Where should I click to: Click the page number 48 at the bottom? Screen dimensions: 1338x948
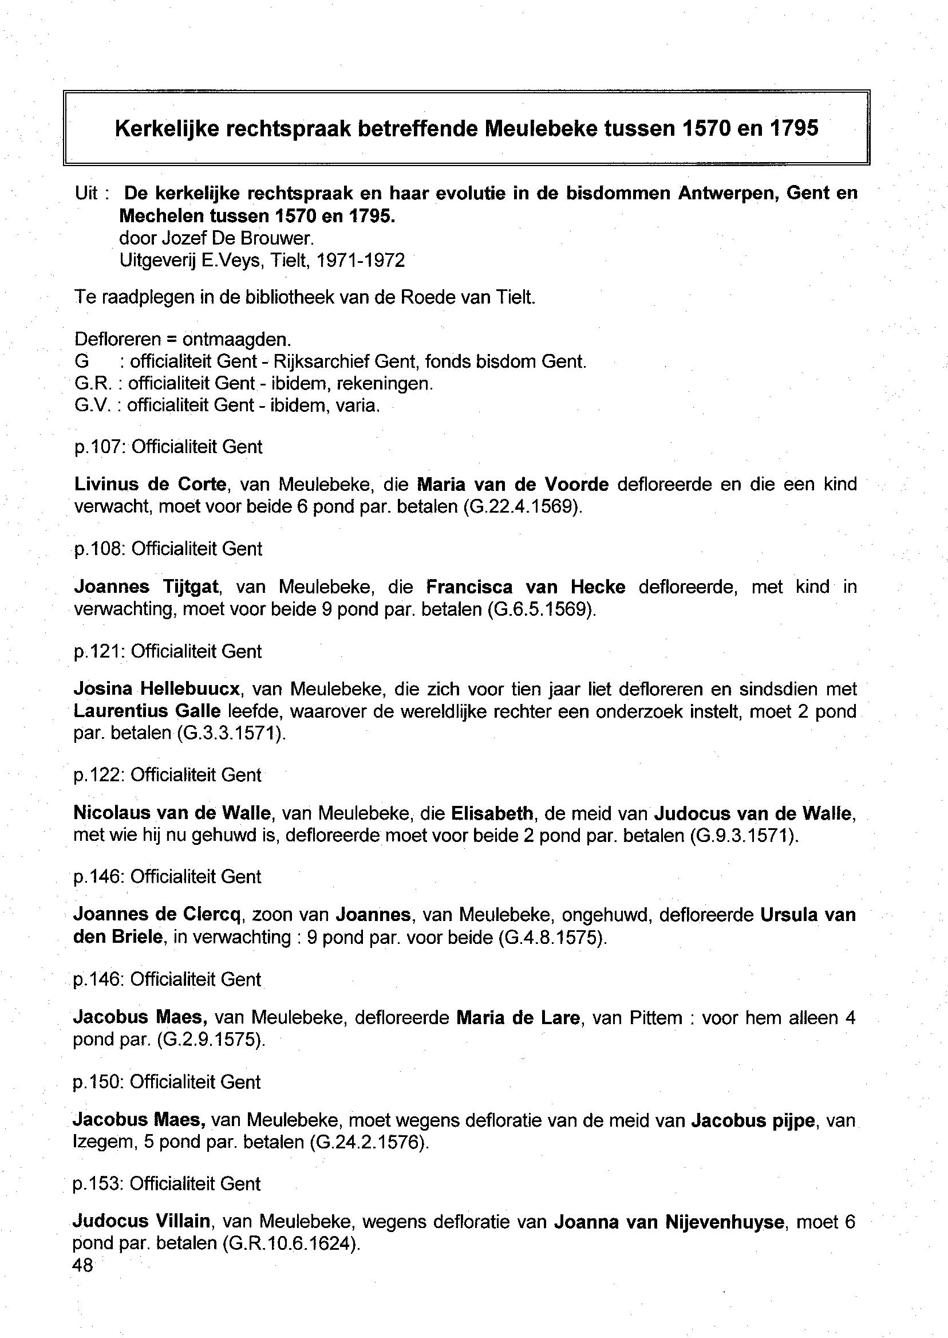pos(83,1265)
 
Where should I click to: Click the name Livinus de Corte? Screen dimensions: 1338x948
pos(150,484)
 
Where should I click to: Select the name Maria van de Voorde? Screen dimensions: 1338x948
pos(513,484)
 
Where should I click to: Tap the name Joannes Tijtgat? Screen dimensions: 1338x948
pos(146,587)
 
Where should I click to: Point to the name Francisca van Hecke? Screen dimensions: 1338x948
pos(526,587)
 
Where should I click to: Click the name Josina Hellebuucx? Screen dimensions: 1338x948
pos(156,689)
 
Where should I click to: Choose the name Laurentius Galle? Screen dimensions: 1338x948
pos(147,711)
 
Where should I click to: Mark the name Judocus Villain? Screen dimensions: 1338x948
pos(141,1221)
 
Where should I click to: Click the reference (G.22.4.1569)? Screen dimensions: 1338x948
pos(523,506)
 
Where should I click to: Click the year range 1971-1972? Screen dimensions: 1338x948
pos(360,261)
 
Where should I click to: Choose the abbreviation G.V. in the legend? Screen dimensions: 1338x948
pos(93,406)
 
